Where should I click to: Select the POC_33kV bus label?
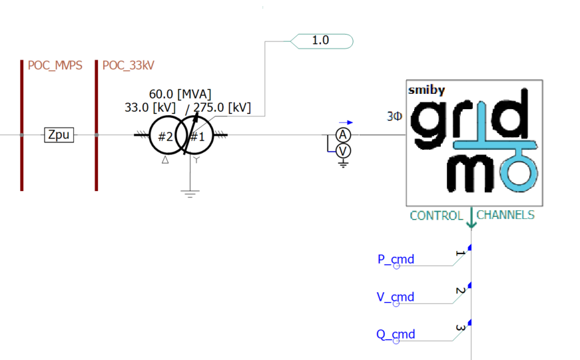click(x=129, y=65)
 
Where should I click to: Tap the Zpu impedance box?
click(x=59, y=136)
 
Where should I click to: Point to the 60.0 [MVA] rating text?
click(x=180, y=94)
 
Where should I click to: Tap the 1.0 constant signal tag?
click(x=321, y=41)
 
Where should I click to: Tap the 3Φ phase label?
click(x=395, y=116)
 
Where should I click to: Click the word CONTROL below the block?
click(x=436, y=216)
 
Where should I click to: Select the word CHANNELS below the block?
click(x=505, y=216)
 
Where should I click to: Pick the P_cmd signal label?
click(x=396, y=260)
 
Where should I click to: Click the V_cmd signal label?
click(x=396, y=297)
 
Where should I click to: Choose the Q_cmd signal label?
click(x=396, y=334)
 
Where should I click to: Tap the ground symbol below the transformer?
click(x=190, y=193)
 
